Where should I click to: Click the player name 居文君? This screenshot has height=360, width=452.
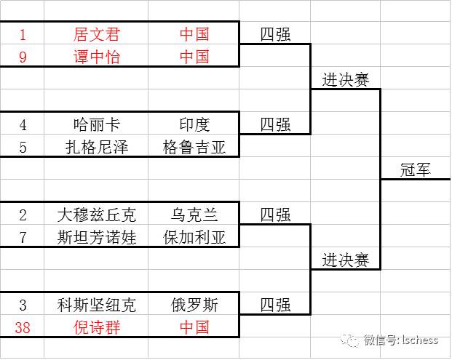[x=97, y=34]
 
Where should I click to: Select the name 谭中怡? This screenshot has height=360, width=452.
[x=97, y=57]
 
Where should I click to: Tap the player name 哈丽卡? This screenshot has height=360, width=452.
[x=97, y=124]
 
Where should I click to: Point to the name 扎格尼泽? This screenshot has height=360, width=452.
[x=97, y=148]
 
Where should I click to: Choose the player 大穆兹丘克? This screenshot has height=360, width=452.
[x=97, y=215]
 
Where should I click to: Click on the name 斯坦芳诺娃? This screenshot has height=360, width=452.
[x=97, y=237]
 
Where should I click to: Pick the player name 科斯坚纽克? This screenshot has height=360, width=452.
[x=97, y=305]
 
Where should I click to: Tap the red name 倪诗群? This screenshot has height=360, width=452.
[x=97, y=327]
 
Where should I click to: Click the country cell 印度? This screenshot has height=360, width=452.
[x=194, y=124]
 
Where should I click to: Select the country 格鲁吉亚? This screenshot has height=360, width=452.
[x=194, y=148]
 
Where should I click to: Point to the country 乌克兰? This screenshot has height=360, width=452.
[x=194, y=215]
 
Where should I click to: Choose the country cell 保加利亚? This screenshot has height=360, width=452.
[x=194, y=237]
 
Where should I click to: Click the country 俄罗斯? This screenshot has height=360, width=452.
[x=194, y=305]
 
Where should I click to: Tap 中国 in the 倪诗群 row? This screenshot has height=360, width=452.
[x=194, y=327]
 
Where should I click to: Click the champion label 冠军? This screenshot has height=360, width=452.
[x=416, y=169]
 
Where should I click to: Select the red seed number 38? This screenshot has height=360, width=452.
[x=23, y=327]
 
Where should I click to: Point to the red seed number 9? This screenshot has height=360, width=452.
[x=23, y=57]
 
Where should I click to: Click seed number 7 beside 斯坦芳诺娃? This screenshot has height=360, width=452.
[x=23, y=237]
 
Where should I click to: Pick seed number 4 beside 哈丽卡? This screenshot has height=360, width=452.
[x=23, y=124]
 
